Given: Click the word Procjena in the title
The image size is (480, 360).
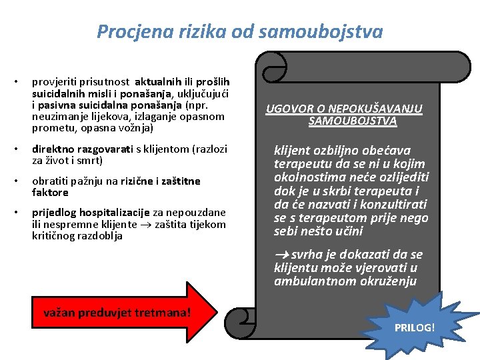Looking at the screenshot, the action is pyautogui.click(x=135, y=32).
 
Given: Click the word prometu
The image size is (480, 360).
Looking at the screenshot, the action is pyautogui.click(x=53, y=128).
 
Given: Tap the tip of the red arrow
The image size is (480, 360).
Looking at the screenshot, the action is pyautogui.click(x=217, y=312).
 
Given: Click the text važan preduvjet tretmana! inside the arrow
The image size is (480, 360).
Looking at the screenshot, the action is pyautogui.click(x=117, y=313).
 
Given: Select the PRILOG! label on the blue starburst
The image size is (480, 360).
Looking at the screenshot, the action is pyautogui.click(x=415, y=328).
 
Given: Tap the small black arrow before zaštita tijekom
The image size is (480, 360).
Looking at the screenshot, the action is pyautogui.click(x=146, y=225).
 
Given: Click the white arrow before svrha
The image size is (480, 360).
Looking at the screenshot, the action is pyautogui.click(x=281, y=255).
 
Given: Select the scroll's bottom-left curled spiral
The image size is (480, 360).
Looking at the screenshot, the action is pyautogui.click(x=241, y=322).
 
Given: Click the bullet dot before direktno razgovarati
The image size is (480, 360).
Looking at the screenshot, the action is pyautogui.click(x=16, y=149).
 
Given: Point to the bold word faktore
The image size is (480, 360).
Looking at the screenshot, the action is pyautogui.click(x=50, y=193).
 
